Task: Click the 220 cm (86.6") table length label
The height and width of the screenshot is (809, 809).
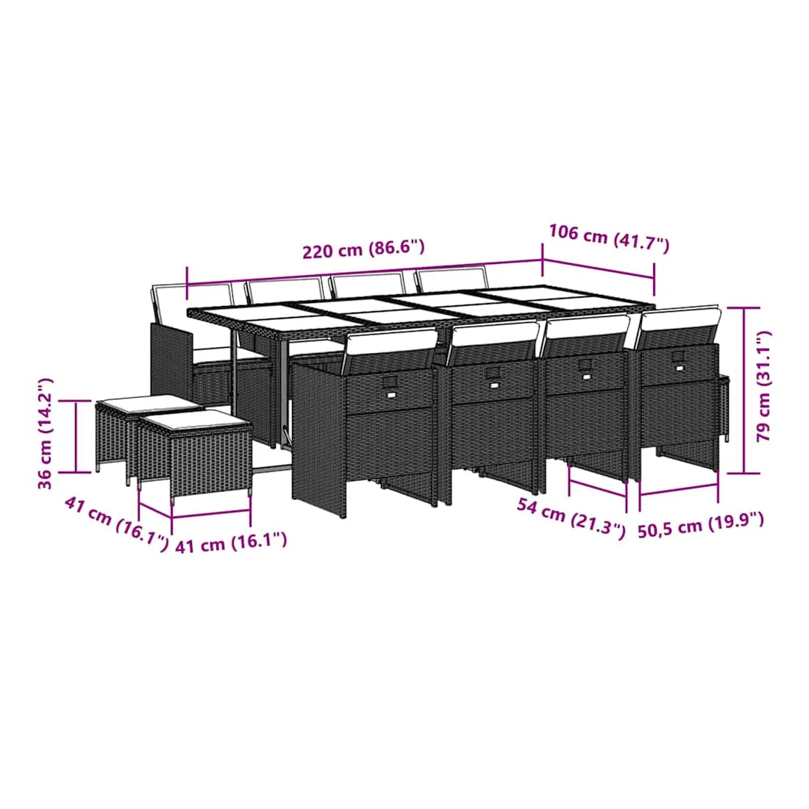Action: (363, 249)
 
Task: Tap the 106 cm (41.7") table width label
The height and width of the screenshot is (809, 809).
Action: (609, 238)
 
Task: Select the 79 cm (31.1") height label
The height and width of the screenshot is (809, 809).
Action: (763, 386)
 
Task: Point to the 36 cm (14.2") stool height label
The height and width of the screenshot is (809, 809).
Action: (46, 433)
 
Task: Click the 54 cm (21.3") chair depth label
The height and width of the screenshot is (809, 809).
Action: (571, 518)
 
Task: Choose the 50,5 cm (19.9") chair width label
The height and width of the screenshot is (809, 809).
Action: (701, 524)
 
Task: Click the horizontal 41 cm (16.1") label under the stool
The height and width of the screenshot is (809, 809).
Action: (231, 543)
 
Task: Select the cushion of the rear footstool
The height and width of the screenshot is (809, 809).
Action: (148, 403)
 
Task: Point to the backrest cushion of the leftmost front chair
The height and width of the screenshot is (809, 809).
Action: (391, 343)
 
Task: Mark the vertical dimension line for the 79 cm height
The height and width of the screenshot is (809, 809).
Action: (744, 390)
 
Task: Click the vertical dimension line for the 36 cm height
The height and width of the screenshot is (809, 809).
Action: (76, 436)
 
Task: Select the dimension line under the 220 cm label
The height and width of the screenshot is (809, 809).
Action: (364, 272)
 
